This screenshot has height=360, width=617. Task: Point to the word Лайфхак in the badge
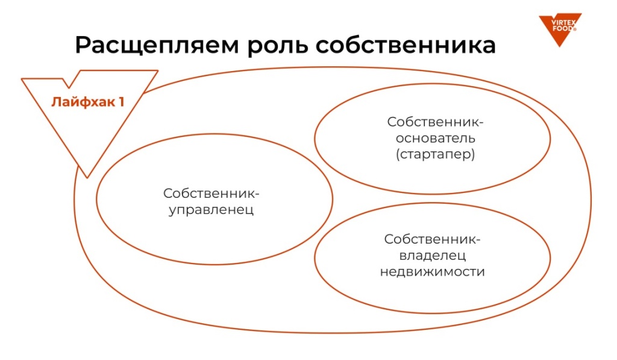point(81,101)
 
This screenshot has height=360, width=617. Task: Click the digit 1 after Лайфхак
point(121,101)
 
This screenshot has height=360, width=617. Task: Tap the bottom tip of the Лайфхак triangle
point(88,177)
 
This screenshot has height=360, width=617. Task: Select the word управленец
point(211,210)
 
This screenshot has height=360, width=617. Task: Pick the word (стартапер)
point(435,154)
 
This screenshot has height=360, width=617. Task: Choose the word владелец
point(432,255)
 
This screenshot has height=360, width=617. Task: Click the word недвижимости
point(433,271)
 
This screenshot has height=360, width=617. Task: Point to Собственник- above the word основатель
point(435,121)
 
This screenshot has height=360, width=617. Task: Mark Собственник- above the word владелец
point(432,239)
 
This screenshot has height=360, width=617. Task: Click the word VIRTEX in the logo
point(561,22)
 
